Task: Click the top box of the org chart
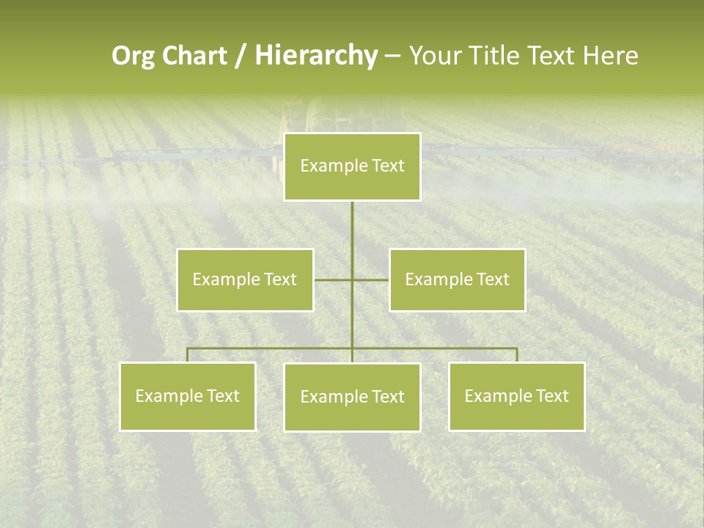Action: coord(352,166)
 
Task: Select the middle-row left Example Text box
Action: coord(244,279)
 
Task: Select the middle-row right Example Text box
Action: coord(457,279)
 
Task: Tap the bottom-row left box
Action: coord(188,396)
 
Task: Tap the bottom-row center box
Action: coord(352,397)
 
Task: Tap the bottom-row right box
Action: coord(516,396)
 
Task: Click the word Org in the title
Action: coord(134,56)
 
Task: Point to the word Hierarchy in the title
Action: coord(315,56)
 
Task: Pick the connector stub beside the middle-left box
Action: coord(331,279)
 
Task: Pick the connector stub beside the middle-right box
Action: coord(372,279)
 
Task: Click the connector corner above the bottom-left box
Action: coord(188,349)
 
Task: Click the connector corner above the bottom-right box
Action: coord(516,349)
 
